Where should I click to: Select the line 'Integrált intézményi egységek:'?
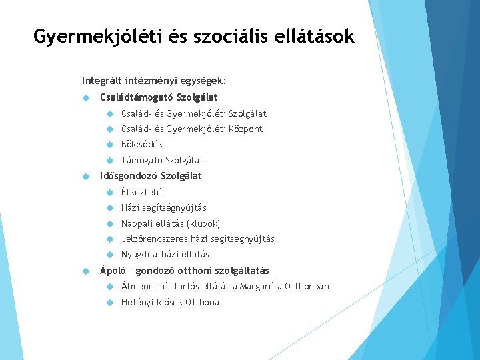154,81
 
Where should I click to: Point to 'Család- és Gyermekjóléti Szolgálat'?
193,114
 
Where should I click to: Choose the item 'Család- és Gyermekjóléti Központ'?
192,129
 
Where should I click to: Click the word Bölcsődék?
142,145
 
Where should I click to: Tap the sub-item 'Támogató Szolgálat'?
162,161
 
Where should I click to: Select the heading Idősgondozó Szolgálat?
151,176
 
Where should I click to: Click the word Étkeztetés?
143,193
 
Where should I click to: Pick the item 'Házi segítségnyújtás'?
164,208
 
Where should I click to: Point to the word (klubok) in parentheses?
203,223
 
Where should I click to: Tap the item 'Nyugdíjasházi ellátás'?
165,255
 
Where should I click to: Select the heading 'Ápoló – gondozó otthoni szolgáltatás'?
185,271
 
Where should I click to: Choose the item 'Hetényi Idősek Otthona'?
170,303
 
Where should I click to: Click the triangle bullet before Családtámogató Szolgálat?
85,98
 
